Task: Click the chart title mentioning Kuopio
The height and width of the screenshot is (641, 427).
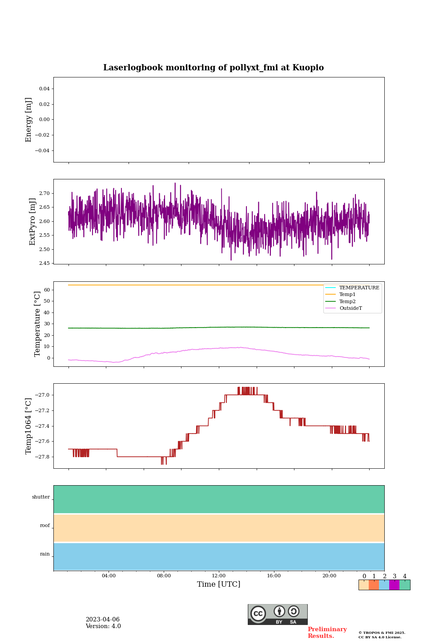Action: click(x=213, y=68)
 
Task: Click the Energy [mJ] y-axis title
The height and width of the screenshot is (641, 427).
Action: click(x=29, y=120)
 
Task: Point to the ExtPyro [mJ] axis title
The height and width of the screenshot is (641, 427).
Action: click(x=32, y=222)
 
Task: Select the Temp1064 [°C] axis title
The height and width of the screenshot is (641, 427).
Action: click(x=29, y=426)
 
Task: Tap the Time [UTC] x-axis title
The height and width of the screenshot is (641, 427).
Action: click(x=218, y=584)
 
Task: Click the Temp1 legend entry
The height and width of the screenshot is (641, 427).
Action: click(x=347, y=295)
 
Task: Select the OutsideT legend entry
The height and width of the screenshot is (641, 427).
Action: click(x=350, y=308)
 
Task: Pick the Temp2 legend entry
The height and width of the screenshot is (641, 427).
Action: click(x=347, y=302)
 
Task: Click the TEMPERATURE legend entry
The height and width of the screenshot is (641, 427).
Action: click(x=359, y=288)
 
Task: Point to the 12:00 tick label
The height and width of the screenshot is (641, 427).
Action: click(x=218, y=576)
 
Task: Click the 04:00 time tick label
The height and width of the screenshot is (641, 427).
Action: click(x=109, y=576)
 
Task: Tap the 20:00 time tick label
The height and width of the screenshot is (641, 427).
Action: click(x=329, y=576)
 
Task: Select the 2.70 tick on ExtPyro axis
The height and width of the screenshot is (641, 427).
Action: click(x=44, y=194)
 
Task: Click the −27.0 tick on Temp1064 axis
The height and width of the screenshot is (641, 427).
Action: click(x=43, y=395)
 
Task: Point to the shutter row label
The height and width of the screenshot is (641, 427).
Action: click(x=41, y=497)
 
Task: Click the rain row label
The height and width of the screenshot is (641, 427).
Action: click(x=45, y=554)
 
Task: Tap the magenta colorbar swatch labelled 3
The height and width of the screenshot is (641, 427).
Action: click(x=394, y=585)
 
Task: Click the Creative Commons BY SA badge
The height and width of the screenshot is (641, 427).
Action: click(x=278, y=614)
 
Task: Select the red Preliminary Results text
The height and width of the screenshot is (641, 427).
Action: click(x=327, y=633)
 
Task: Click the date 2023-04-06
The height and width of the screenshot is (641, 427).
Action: click(x=103, y=620)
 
